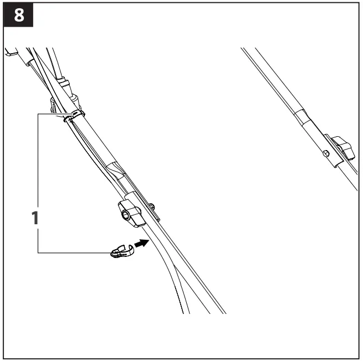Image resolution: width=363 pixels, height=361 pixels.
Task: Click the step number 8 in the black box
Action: pos(19,16)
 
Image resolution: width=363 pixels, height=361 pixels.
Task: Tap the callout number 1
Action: pos(34,218)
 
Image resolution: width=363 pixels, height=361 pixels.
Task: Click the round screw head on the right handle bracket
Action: pos(326,152)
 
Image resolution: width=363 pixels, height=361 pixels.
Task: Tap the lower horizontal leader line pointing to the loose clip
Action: pos(72,252)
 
